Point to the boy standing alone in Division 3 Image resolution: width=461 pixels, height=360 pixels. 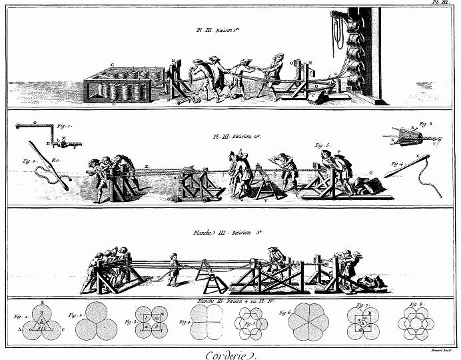(x=175, y=270)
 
